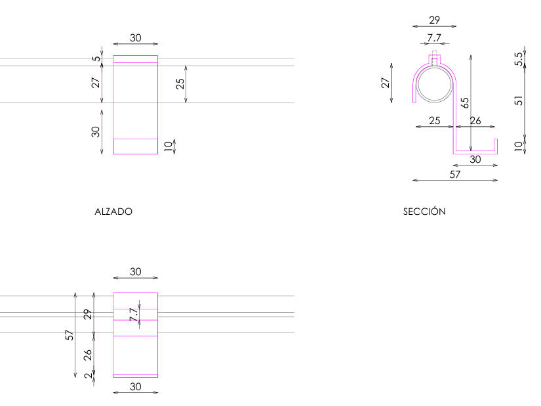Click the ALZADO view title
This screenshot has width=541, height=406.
[113, 212]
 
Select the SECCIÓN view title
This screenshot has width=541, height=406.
[424, 211]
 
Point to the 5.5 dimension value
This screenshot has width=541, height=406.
[519, 59]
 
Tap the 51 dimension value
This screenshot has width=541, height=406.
[519, 101]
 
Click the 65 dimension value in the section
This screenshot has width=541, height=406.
[464, 102]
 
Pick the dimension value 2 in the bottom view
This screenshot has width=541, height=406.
[89, 375]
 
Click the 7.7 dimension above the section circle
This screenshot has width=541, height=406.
[434, 37]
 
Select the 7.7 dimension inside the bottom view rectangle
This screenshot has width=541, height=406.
[134, 315]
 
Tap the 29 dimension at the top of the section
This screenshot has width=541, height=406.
[434, 20]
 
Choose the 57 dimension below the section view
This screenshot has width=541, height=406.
[454, 175]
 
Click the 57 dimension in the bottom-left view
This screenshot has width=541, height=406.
[70, 335]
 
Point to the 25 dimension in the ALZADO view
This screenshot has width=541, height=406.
[180, 83]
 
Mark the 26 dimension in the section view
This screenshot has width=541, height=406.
[475, 121]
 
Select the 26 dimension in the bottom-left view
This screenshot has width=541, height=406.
[88, 355]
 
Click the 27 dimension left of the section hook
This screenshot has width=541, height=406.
[386, 83]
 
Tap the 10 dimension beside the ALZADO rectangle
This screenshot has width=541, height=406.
[168, 146]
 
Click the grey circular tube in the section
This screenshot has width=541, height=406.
[434, 68]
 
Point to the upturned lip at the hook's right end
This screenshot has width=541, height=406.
[496, 145]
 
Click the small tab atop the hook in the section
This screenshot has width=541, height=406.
[434, 60]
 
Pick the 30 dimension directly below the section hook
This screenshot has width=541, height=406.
[475, 159]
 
